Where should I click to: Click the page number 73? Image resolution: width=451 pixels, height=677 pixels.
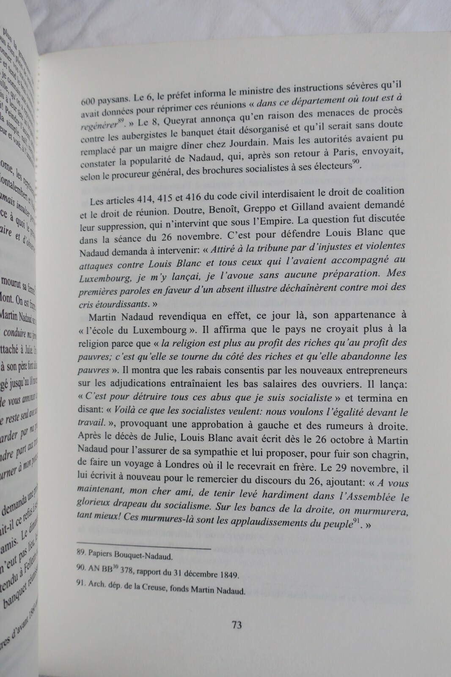click(x=236, y=625)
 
